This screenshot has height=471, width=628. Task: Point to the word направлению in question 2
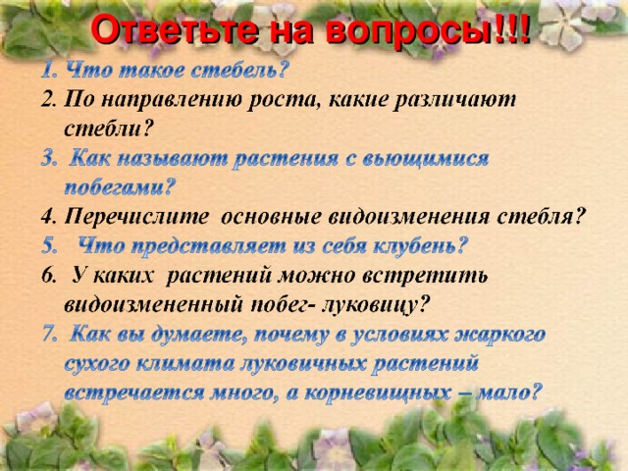point(155,99)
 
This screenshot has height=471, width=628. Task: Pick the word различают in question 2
point(437,99)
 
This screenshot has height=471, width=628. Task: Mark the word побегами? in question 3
point(120,186)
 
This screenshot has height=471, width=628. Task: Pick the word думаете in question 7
point(196,334)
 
